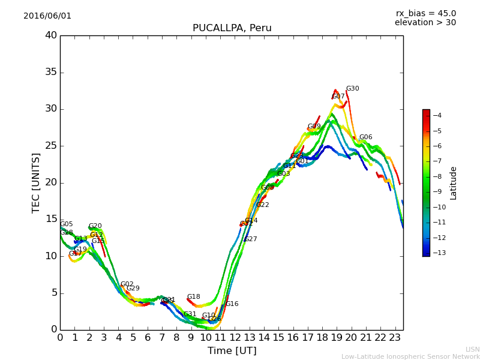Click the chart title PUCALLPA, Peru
(x=232, y=28)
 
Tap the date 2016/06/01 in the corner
(x=47, y=16)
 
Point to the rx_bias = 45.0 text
(x=425, y=13)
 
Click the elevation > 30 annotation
(x=425, y=23)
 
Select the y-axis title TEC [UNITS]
(x=36, y=182)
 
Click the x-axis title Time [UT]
(x=232, y=350)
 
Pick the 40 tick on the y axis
(x=50, y=35)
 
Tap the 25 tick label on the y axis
(x=50, y=146)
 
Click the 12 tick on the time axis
(x=235, y=338)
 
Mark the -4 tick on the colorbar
(x=437, y=115)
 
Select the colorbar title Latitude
(x=454, y=182)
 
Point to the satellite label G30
(x=352, y=89)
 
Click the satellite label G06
(x=365, y=137)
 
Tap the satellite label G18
(x=193, y=297)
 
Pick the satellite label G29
(x=133, y=289)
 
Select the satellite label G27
(x=250, y=239)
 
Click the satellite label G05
(x=66, y=224)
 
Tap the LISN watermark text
(x=472, y=349)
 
